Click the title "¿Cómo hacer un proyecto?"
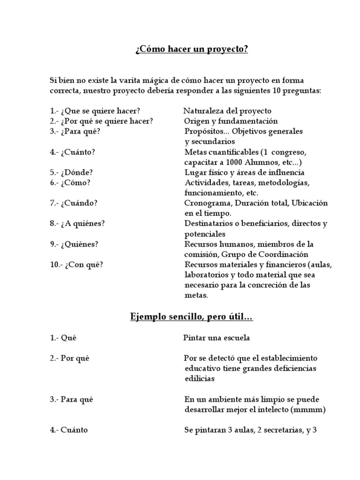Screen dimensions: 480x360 191,50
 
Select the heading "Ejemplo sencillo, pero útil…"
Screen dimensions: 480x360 191,318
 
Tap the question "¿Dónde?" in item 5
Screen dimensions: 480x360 77,172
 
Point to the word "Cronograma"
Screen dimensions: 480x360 205,203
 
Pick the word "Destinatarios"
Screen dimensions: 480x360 207,224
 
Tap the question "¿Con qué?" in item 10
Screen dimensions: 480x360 84,265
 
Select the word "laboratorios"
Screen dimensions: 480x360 205,275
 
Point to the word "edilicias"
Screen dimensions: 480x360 200,378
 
